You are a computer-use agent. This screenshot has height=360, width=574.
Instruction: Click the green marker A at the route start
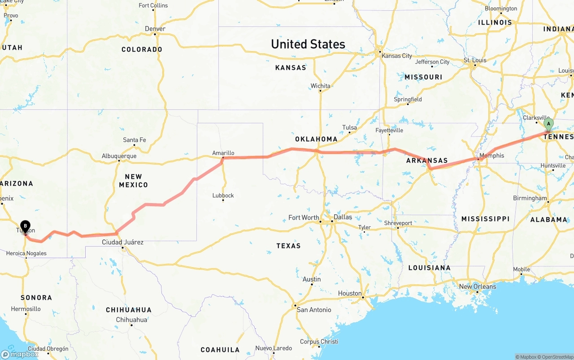[548, 124]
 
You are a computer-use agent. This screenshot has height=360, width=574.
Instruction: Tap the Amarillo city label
[223, 153]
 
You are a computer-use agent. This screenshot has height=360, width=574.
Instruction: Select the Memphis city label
[491, 156]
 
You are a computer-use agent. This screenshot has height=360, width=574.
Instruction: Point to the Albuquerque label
[119, 156]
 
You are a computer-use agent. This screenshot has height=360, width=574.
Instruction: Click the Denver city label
[155, 29]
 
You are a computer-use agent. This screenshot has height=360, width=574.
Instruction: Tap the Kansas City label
[396, 56]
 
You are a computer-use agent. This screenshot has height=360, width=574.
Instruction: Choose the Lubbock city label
[223, 195]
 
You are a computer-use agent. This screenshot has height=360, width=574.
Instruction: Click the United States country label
[308, 44]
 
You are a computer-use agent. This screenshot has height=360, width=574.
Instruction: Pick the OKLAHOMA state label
[316, 139]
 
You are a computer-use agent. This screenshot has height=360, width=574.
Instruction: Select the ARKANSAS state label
[426, 160]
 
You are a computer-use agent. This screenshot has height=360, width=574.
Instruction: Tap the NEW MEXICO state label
[133, 181]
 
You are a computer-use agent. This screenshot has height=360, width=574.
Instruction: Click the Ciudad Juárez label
[122, 242]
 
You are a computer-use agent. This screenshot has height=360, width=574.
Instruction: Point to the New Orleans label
[478, 286]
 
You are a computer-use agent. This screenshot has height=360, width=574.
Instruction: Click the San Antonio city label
[314, 310]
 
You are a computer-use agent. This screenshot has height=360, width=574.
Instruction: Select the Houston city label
[350, 293]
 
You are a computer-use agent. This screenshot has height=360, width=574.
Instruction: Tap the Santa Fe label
[134, 140]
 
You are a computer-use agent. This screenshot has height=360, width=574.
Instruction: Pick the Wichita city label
[320, 86]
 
